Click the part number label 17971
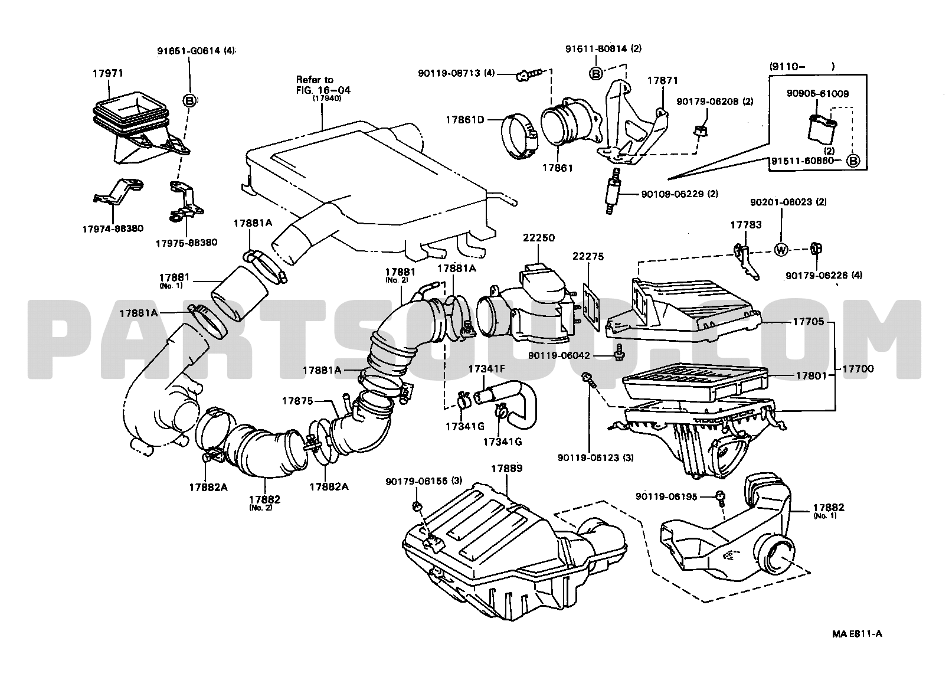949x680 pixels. tap(107, 74)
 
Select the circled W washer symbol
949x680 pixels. tap(781, 250)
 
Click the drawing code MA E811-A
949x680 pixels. tap(857, 634)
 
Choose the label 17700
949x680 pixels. tap(858, 368)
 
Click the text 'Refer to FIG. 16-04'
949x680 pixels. tap(323, 84)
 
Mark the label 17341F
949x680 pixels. tap(486, 369)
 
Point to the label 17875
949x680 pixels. tap(297, 401)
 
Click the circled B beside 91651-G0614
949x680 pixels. tap(190, 101)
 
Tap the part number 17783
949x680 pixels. tap(745, 225)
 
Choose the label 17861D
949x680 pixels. tap(465, 120)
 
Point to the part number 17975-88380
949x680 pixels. tap(186, 243)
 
